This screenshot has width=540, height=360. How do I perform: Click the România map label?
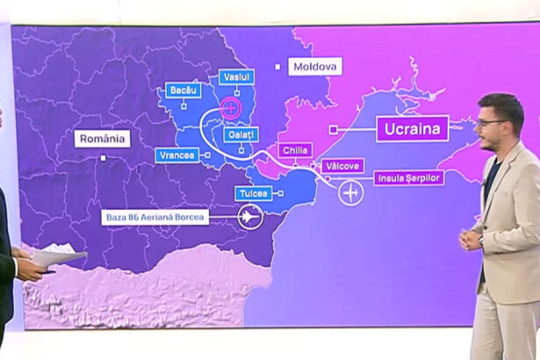click(x=104, y=138)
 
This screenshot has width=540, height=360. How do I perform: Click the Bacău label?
click(x=184, y=90)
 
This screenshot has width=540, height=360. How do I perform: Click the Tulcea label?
click(x=254, y=192)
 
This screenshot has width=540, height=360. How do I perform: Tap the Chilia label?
click(x=294, y=150)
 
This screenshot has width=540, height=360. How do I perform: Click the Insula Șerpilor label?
click(x=408, y=177)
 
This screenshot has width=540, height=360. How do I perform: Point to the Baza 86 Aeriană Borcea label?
click(x=155, y=215)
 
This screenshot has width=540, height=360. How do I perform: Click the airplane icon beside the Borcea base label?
click(x=249, y=216)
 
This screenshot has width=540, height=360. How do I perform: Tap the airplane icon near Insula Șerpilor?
click(x=351, y=191)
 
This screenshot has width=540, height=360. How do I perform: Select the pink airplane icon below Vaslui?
click(x=230, y=108)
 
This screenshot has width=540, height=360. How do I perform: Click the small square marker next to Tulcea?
click(x=281, y=192)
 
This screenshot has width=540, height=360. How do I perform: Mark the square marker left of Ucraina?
click(x=334, y=129)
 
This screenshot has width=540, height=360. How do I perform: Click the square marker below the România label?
click(x=104, y=158)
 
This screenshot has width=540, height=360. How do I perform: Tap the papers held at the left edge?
click(x=58, y=256)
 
